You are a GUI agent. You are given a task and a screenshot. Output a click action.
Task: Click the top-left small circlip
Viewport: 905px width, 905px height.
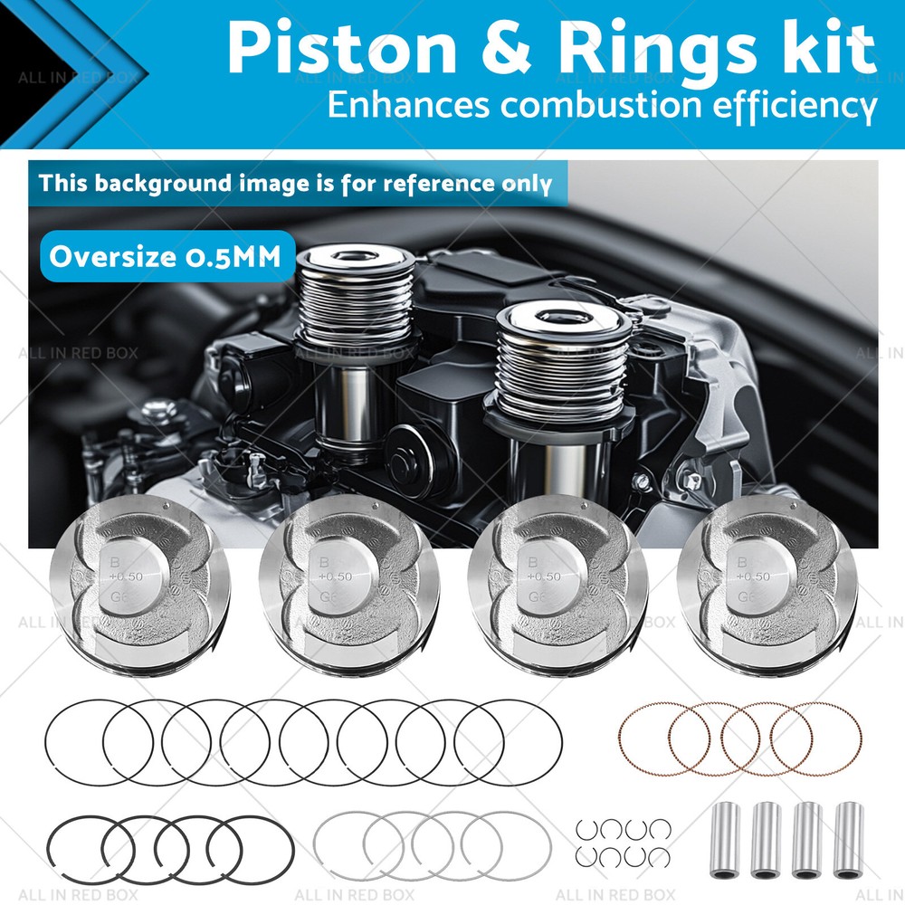587,829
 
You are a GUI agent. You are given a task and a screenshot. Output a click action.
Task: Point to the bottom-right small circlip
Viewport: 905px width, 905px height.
658,856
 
